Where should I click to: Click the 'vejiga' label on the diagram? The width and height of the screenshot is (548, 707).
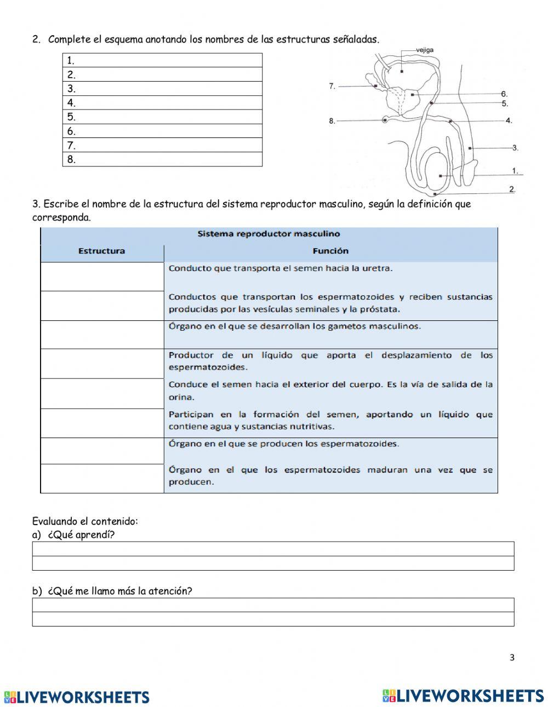point(425,50)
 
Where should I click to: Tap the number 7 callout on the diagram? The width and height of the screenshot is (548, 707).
point(332,86)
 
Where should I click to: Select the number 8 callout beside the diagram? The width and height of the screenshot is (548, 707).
point(332,121)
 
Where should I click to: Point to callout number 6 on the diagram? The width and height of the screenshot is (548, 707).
point(504,94)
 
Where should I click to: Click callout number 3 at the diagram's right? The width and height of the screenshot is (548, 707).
point(515,148)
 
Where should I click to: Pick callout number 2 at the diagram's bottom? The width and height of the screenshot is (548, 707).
point(512,189)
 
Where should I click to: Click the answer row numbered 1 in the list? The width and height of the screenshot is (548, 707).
point(162,60)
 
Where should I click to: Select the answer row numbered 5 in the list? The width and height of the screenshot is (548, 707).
point(162,117)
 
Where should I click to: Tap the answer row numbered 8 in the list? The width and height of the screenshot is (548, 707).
point(162,159)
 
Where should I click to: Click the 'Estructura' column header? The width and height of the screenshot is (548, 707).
point(101,251)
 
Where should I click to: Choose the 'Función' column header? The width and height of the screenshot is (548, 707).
point(330,251)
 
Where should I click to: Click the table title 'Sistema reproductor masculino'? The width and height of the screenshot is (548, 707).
point(269,234)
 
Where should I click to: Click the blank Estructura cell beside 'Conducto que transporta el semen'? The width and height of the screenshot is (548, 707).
point(102,277)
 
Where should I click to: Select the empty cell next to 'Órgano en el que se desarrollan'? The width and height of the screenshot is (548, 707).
point(102,335)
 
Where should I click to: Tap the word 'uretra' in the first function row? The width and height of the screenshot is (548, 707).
point(379,268)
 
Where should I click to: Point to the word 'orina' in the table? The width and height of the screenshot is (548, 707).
point(181,397)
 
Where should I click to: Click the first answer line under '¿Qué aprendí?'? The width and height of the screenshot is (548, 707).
point(273,549)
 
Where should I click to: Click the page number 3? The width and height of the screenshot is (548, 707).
point(512,658)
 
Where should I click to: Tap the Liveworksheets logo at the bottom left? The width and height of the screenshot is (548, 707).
point(77,697)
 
